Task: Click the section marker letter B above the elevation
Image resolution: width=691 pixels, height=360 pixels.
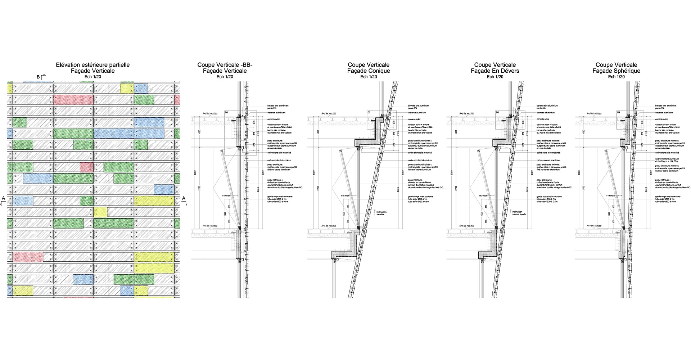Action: (39, 77)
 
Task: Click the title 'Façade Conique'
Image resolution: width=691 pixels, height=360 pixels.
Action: (369, 71)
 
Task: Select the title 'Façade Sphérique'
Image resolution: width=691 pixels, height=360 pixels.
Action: (616, 71)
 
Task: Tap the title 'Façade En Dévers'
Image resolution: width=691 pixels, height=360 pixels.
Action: (495, 71)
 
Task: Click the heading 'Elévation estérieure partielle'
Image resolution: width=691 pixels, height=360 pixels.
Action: (92, 65)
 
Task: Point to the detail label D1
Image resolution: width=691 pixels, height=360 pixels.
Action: (226, 113)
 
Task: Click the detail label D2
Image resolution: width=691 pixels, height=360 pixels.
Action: (369, 113)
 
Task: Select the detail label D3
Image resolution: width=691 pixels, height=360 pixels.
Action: (497, 113)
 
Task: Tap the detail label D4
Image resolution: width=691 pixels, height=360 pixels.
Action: (619, 113)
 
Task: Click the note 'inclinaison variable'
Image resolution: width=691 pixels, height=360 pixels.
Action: (381, 213)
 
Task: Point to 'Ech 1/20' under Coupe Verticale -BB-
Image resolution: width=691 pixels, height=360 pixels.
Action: (225, 77)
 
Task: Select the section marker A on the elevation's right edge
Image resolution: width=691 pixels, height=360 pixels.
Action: (184, 198)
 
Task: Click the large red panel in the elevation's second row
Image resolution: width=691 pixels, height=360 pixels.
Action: (73, 100)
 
